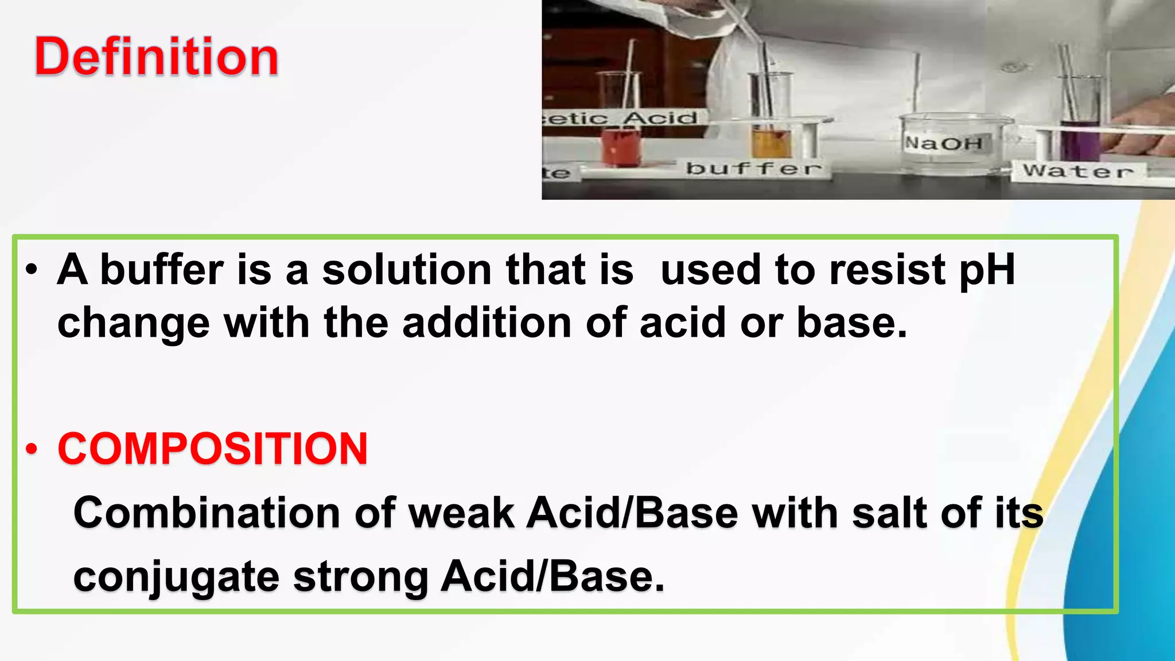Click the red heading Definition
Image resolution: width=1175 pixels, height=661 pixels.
tap(156, 56)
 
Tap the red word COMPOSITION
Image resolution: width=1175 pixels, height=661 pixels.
tap(212, 448)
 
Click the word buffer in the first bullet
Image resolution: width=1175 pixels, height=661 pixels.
tap(162, 270)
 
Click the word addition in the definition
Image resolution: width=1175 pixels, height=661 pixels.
tap(487, 322)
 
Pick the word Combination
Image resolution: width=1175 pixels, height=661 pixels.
tap(207, 512)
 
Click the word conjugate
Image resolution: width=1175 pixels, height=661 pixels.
tap(176, 577)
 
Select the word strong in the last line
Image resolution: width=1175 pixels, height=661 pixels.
tap(360, 577)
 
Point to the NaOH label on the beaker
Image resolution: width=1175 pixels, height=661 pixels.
tap(944, 142)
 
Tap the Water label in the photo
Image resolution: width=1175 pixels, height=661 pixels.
tap(1078, 171)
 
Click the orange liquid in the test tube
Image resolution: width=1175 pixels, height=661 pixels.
tap(771, 143)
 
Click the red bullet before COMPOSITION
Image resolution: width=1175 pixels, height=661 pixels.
tap(32, 449)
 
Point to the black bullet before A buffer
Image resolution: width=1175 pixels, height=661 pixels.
tap(32, 270)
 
